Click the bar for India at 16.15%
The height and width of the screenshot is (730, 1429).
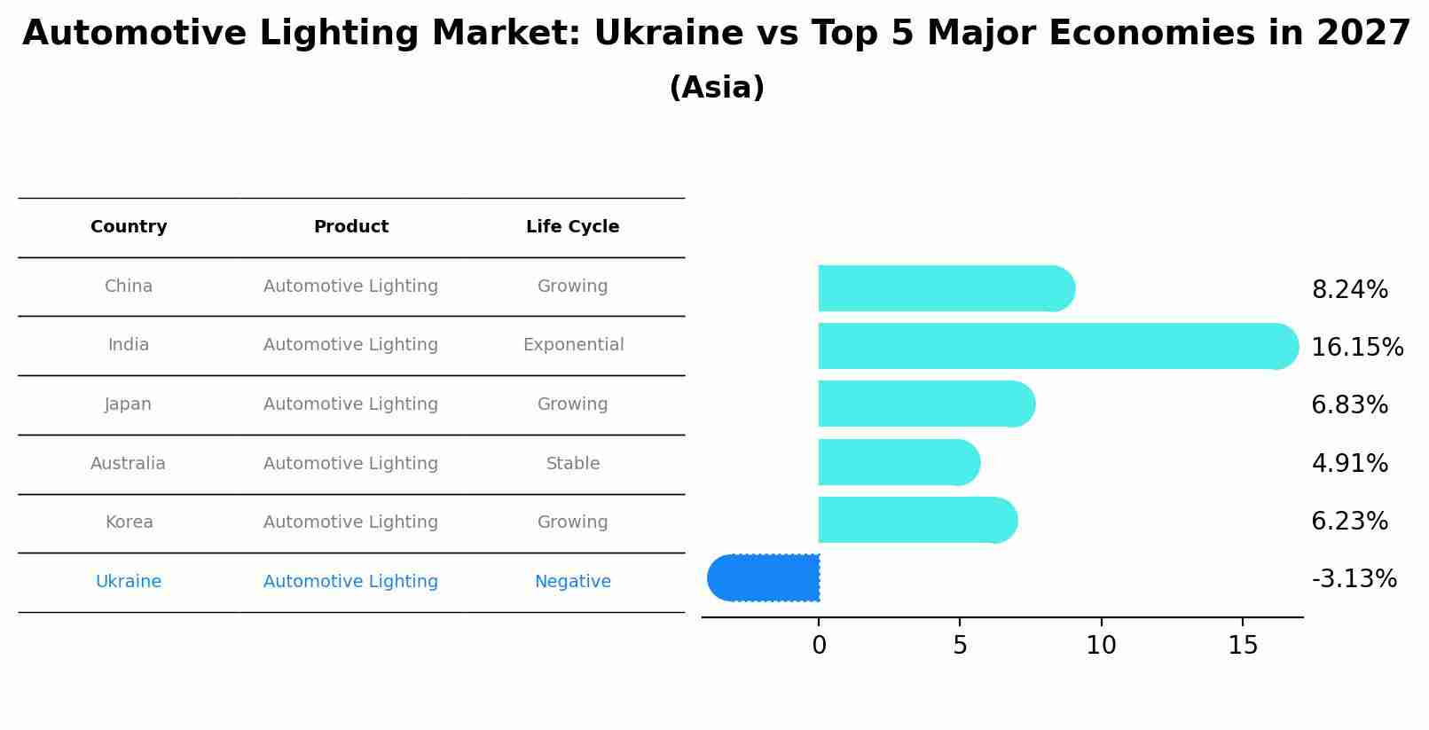(x=1056, y=346)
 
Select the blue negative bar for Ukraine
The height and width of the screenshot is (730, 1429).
(x=765, y=577)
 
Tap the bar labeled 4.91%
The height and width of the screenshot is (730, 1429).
(x=898, y=462)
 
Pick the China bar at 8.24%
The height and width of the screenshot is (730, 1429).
(x=945, y=288)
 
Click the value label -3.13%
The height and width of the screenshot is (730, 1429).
(x=1354, y=579)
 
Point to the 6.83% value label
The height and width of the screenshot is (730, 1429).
(x=1349, y=405)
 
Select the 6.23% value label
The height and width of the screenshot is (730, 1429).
(x=1349, y=522)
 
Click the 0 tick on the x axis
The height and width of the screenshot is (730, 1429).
(x=819, y=646)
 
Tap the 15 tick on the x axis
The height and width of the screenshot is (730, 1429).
(x=1243, y=646)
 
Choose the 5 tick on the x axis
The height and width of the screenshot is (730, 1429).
(x=960, y=646)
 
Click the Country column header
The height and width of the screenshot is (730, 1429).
(x=129, y=227)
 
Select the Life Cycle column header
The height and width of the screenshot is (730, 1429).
(x=572, y=227)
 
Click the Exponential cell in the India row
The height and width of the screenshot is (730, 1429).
(x=573, y=345)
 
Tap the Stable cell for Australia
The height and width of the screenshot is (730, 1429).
(x=573, y=464)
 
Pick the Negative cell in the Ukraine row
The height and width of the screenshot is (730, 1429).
(x=572, y=582)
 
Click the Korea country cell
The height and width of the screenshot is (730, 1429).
(x=129, y=522)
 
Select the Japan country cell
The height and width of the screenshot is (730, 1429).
(x=129, y=404)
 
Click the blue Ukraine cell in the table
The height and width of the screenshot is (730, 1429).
(x=129, y=582)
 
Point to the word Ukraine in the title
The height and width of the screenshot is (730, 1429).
(x=667, y=34)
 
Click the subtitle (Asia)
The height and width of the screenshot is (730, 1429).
(x=716, y=88)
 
